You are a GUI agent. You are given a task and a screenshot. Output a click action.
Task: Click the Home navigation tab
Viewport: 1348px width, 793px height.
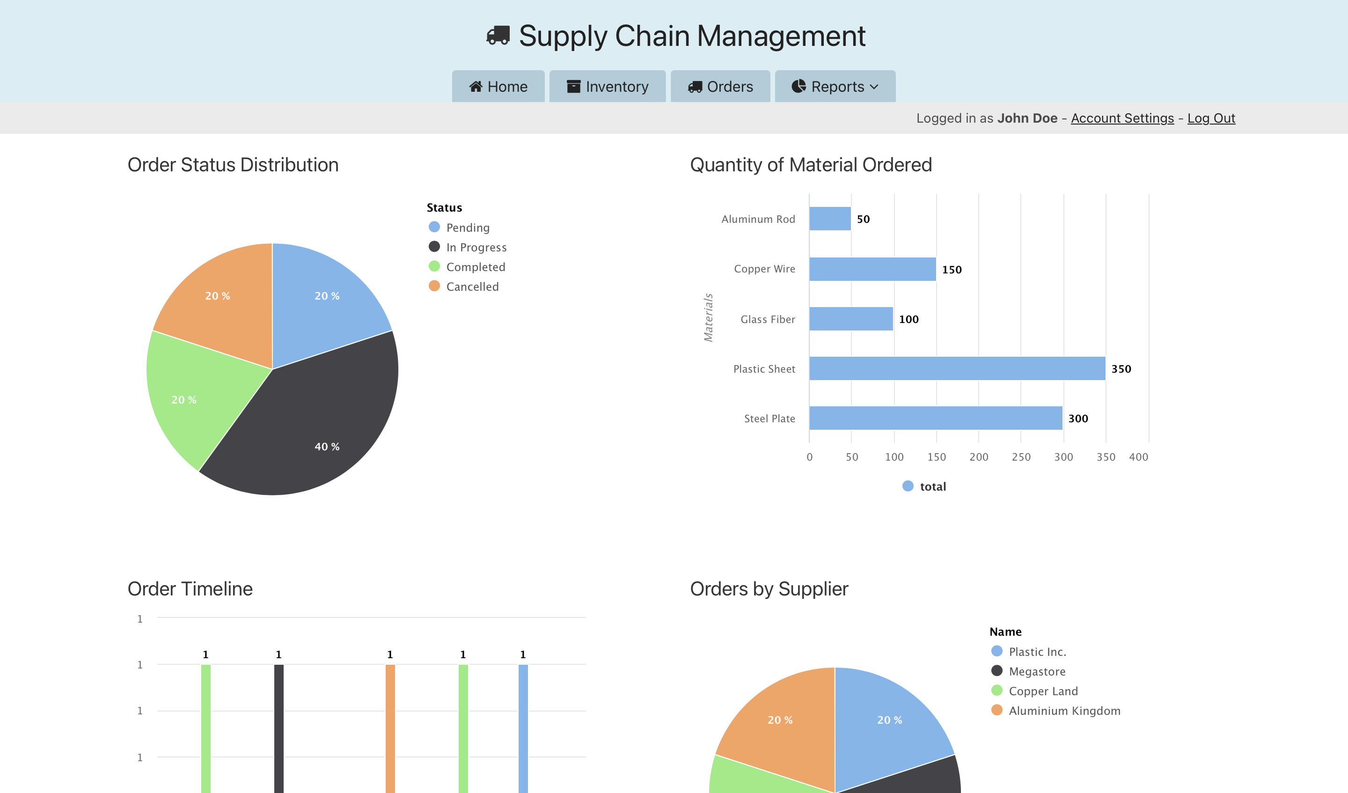click(498, 87)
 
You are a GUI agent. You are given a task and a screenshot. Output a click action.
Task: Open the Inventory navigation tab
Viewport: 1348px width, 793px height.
click(607, 87)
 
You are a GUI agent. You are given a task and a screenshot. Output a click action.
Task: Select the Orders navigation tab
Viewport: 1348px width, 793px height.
click(720, 87)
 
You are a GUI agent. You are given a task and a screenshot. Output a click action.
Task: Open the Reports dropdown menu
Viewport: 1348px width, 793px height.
click(835, 87)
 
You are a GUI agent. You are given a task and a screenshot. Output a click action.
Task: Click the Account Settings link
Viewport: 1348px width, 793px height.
click(1122, 118)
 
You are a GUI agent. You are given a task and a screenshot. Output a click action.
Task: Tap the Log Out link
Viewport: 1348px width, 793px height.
click(1210, 118)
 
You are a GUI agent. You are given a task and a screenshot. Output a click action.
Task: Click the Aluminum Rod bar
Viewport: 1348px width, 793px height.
click(830, 219)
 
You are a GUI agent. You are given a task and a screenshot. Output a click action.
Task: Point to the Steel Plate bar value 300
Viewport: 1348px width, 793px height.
click(1077, 419)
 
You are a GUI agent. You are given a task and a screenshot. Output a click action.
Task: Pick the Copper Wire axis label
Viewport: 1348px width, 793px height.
click(764, 269)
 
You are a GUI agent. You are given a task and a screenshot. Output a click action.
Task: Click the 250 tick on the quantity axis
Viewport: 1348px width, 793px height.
click(1021, 457)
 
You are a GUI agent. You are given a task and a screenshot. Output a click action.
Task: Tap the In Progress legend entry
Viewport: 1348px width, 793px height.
click(476, 247)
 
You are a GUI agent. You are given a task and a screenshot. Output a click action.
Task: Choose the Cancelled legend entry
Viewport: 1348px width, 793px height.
click(472, 287)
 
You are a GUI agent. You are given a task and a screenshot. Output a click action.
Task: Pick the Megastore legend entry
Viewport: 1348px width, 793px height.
click(1036, 672)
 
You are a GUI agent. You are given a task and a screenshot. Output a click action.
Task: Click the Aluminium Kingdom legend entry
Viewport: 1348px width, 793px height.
click(1063, 711)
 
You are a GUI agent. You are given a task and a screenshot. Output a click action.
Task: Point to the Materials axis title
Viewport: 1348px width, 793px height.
click(708, 317)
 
